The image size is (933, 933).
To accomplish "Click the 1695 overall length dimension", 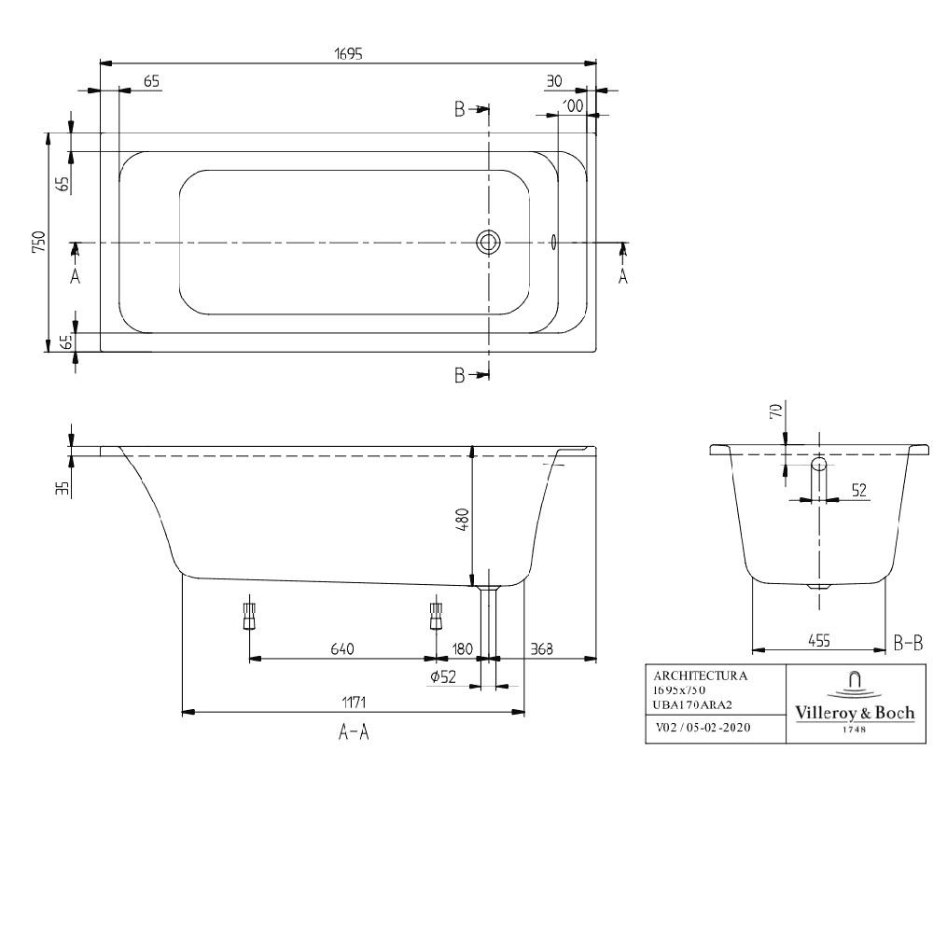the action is (349, 54).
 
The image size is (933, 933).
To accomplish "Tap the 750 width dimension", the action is (38, 243).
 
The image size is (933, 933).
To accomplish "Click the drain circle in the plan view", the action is (488, 243).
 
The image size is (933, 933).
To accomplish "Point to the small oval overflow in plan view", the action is (554, 242).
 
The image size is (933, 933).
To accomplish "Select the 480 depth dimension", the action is (463, 520).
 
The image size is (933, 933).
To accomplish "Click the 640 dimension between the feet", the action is (342, 648).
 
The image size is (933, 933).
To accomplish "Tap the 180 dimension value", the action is (463, 648).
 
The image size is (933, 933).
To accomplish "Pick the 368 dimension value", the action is (541, 648).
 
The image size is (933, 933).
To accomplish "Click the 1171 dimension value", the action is (354, 703).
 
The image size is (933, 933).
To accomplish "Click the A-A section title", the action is (354, 731).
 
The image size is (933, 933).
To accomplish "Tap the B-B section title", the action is (909, 643).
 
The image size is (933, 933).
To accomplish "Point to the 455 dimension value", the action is (819, 641).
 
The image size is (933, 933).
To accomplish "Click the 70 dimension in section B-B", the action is (776, 410).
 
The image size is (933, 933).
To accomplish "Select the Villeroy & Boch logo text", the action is (855, 713).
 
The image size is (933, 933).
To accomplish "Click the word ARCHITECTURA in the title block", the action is (701, 675).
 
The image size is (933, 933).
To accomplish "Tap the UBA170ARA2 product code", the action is (692, 705).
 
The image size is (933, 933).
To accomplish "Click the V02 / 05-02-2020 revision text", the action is (703, 727).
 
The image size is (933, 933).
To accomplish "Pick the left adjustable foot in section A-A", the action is (249, 616).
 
